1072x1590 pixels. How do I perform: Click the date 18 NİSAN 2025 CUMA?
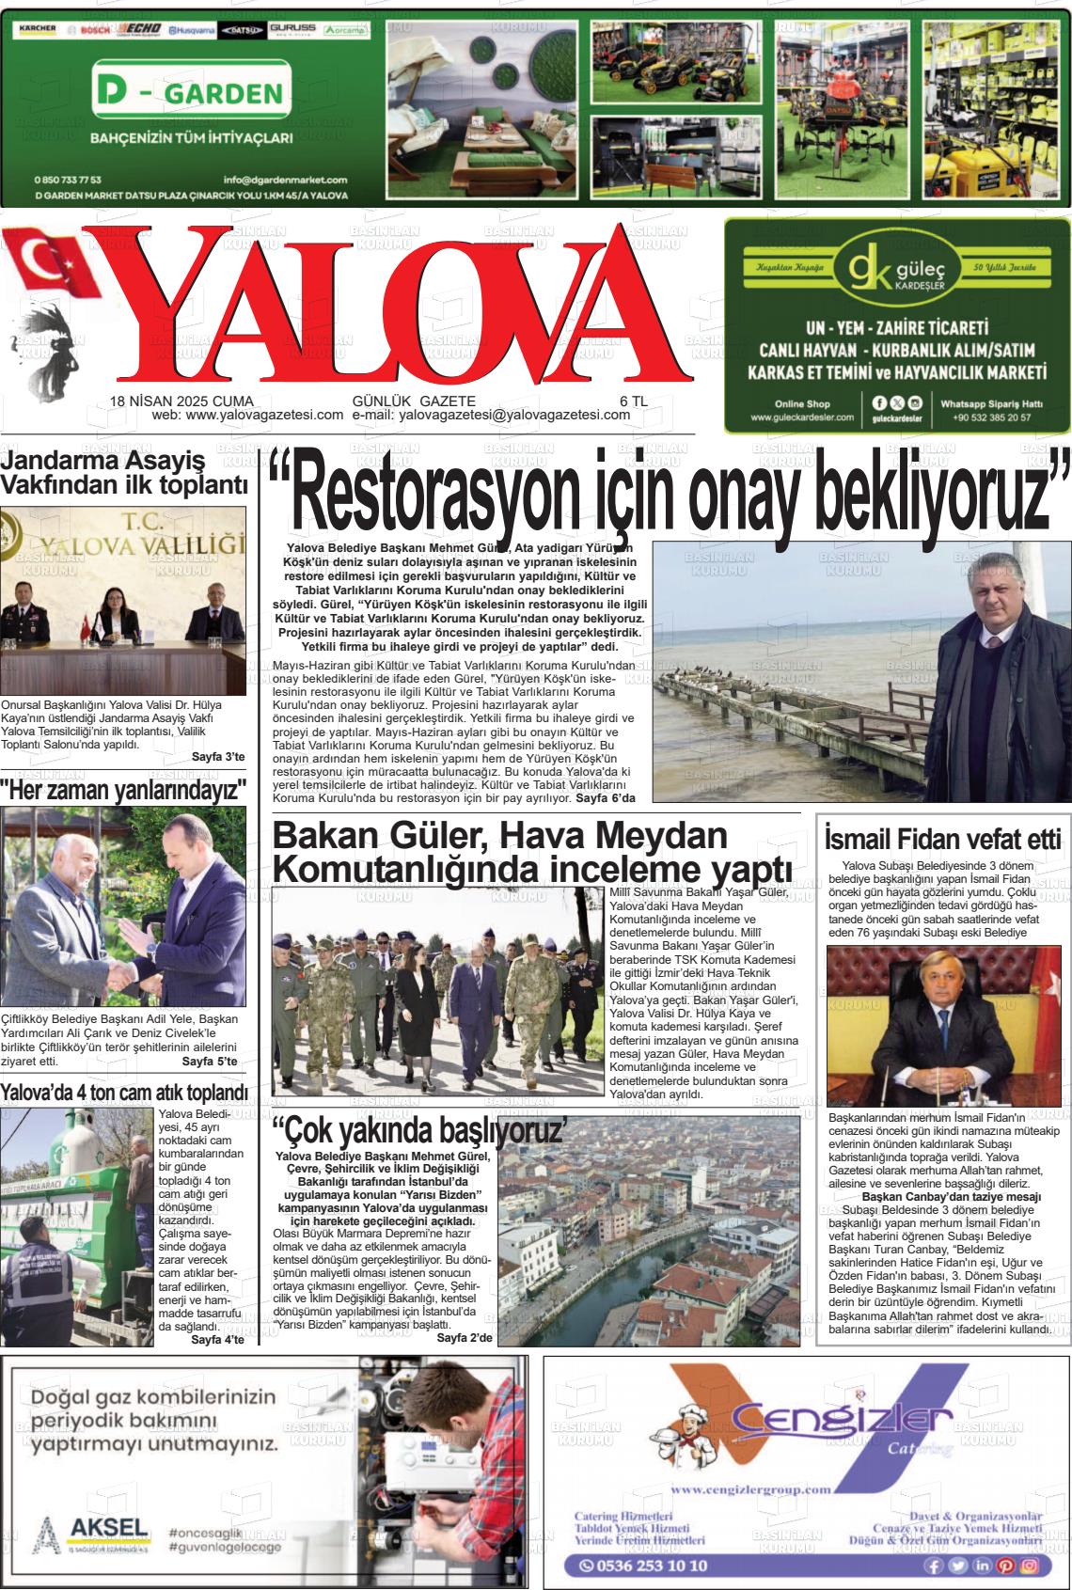(181, 401)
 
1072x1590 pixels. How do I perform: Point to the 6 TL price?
(633, 401)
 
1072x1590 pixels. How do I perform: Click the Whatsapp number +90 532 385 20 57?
(991, 417)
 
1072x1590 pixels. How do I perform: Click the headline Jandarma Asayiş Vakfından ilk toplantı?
(126, 473)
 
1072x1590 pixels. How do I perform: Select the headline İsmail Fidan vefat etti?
(942, 837)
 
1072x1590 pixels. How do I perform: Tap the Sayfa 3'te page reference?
(218, 757)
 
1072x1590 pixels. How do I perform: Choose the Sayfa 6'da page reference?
(606, 797)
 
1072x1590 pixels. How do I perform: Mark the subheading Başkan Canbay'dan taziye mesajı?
(938, 1196)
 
